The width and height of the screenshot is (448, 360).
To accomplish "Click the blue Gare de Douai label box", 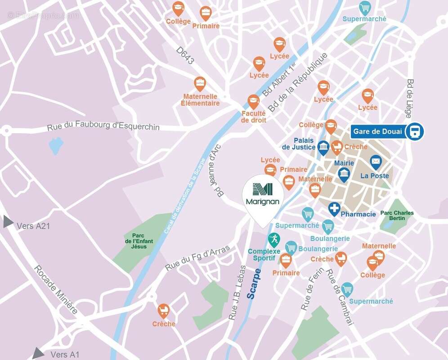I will pyautogui.click(x=377, y=131).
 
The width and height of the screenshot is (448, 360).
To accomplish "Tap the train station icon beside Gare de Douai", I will pyautogui.click(x=414, y=131).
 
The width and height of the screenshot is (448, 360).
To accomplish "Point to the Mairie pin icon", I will pyautogui.click(x=344, y=174).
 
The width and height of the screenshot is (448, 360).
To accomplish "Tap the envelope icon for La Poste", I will pyautogui.click(x=376, y=162).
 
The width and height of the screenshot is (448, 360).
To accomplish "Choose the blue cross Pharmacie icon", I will pyautogui.click(x=334, y=209).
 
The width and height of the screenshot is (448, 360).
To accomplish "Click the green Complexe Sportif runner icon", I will pyautogui.click(x=273, y=238).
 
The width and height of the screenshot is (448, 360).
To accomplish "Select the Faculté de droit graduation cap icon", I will pyautogui.click(x=253, y=101).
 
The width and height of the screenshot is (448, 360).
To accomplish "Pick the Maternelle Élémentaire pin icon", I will pyautogui.click(x=200, y=83).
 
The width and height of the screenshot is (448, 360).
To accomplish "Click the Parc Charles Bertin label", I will pyautogui.click(x=397, y=216).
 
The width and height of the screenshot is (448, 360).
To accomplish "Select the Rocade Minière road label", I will pyautogui.click(x=56, y=288).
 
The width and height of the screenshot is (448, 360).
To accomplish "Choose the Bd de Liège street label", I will pyautogui.click(x=410, y=99).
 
